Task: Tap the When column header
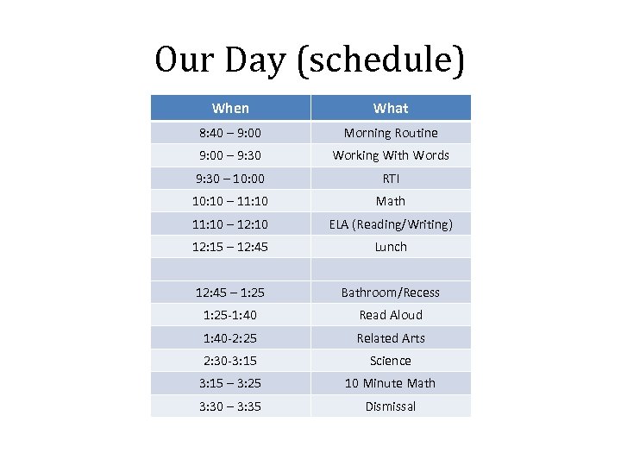point(230,108)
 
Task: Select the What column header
point(391,108)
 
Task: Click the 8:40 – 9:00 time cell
point(230,133)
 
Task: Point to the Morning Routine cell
point(391,133)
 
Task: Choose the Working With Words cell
point(391,155)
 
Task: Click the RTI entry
point(391,179)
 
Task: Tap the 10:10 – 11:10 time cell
point(230,201)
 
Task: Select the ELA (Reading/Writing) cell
point(391,224)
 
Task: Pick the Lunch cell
point(391,247)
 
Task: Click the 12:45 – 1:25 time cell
point(230,293)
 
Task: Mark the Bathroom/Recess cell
point(391,293)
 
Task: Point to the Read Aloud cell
point(391,315)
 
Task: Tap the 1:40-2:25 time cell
point(230,338)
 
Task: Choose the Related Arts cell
point(391,338)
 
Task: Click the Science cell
point(391,361)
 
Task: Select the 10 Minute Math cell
point(391,383)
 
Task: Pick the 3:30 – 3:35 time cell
point(230,406)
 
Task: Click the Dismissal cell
point(391,406)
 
